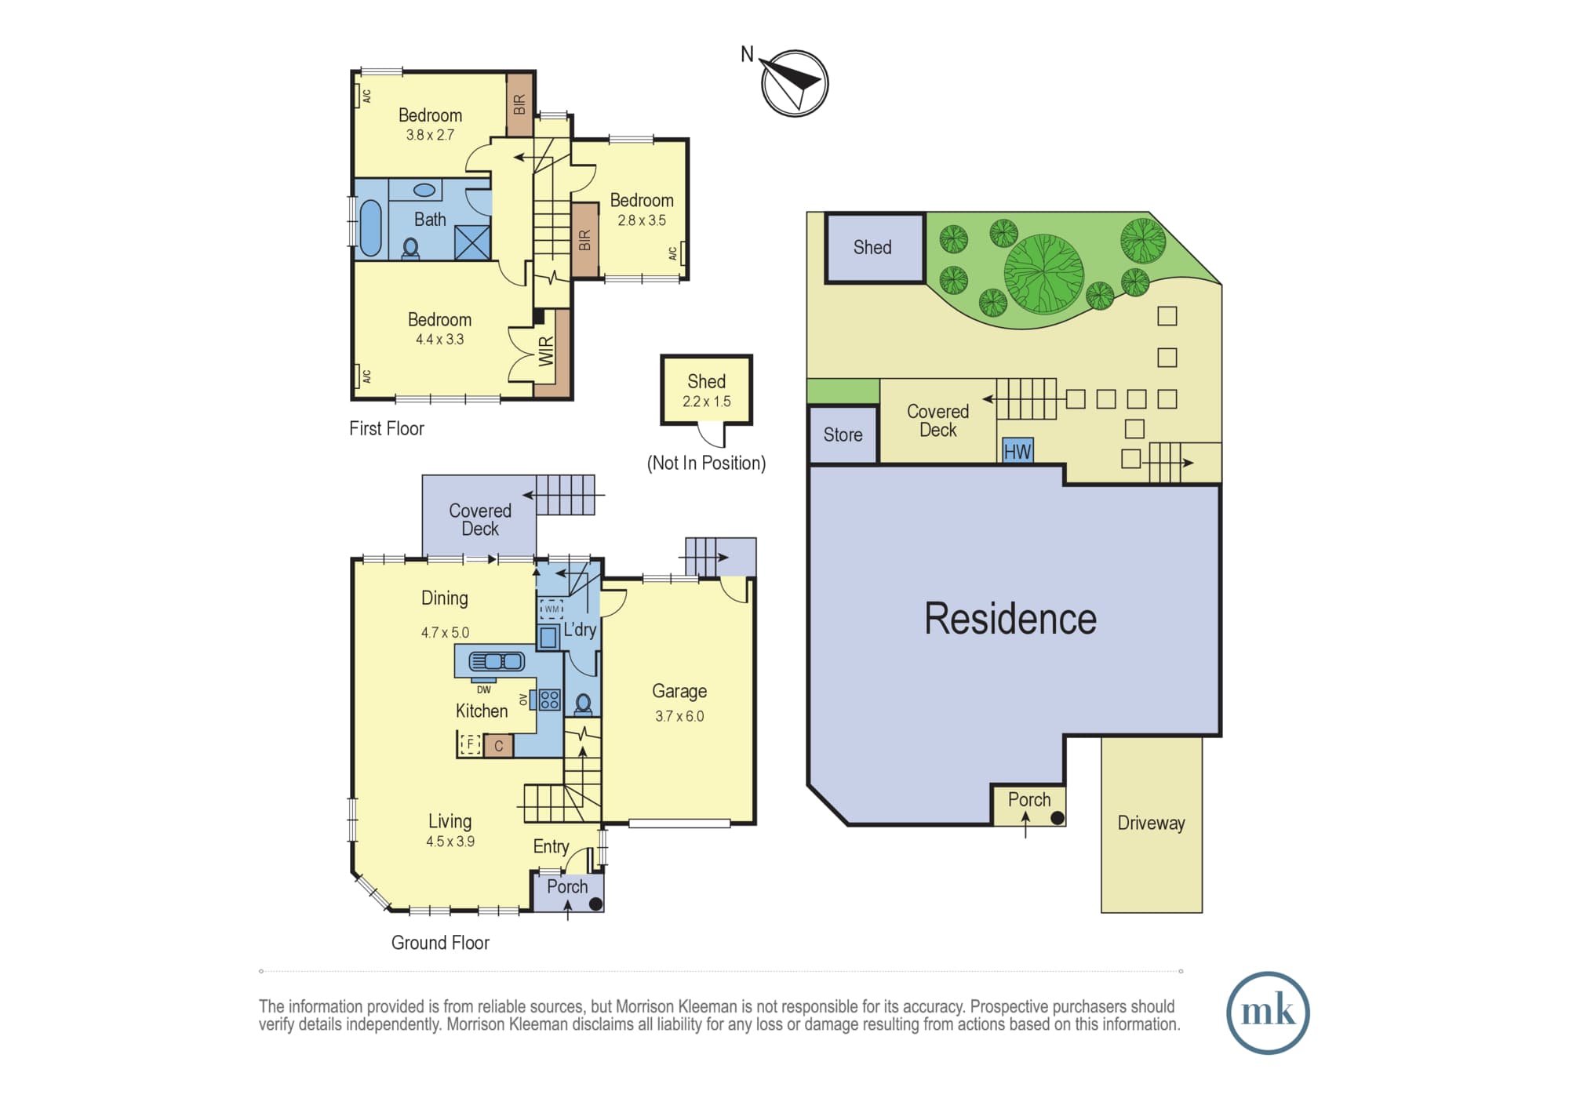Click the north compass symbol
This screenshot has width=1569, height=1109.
click(795, 83)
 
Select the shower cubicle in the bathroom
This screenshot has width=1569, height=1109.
click(472, 242)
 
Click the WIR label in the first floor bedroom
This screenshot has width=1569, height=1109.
click(546, 351)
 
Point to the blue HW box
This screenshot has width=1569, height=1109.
click(1017, 450)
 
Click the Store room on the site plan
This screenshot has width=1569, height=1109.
click(843, 435)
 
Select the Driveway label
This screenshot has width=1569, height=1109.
click(1151, 823)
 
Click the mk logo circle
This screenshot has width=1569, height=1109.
click(1268, 1013)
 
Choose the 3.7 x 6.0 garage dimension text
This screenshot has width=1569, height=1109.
click(679, 716)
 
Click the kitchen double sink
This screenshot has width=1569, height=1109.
click(497, 661)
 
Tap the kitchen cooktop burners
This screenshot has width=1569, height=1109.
click(549, 699)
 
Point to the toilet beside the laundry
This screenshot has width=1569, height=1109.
click(583, 704)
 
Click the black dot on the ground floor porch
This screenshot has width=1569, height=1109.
click(595, 904)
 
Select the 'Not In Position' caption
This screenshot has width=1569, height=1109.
click(706, 463)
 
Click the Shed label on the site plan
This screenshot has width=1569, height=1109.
click(872, 247)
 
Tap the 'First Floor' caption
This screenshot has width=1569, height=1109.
click(386, 428)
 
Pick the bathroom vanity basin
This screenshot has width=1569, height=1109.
click(424, 190)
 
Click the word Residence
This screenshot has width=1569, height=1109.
click(1010, 619)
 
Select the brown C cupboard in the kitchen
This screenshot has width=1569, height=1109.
click(498, 746)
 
